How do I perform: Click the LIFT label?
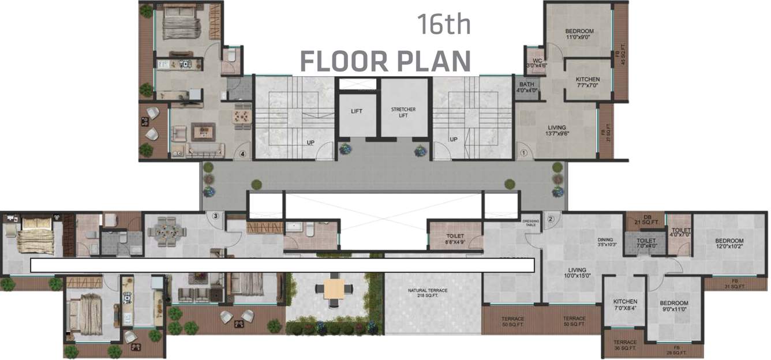[357, 111]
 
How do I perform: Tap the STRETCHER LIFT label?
[403, 112]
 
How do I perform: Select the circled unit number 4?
[243, 154]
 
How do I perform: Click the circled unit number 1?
[524, 153]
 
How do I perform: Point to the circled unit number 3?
[215, 216]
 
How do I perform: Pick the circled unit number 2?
[551, 219]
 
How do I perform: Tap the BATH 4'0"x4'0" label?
[527, 87]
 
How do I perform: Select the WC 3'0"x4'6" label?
[537, 63]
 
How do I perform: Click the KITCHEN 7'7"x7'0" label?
[587, 82]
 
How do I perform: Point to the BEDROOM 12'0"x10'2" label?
[729, 243]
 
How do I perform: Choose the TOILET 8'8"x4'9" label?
[455, 239]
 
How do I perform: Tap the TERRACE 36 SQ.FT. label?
[625, 345]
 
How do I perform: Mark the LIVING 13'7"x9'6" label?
[557, 130]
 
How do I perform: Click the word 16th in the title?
[444, 25]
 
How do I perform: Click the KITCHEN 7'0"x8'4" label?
[625, 305]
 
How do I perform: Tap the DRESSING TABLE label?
[530, 223]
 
